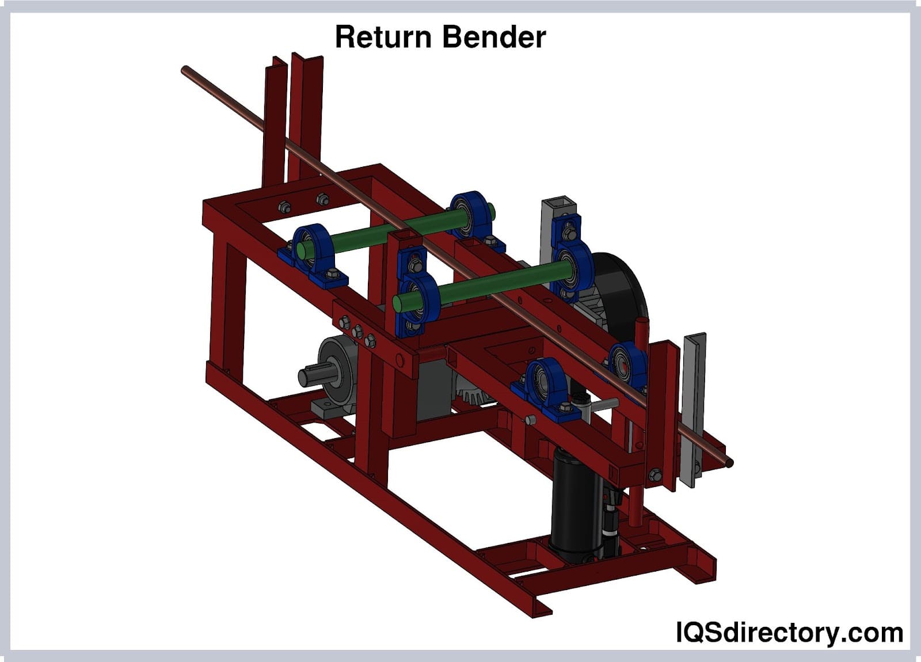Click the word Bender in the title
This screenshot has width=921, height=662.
coord(494,37)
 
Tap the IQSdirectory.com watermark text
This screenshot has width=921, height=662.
coord(789,633)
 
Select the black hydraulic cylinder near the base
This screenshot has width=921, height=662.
coord(576,501)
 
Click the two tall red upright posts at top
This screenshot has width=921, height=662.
coord(294,115)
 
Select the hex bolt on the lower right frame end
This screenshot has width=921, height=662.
coord(654,475)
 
